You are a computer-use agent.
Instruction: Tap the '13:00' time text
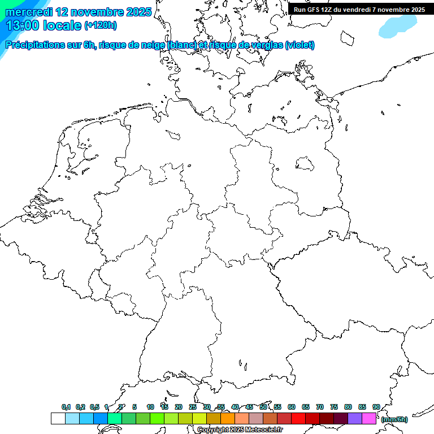tap(22, 25)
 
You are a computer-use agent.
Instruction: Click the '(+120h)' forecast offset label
tap(101, 25)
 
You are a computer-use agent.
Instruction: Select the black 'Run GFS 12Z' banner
tap(359, 9)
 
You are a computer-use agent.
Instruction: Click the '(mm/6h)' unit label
tap(394, 419)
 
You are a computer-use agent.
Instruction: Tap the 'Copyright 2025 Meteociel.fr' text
tap(240, 430)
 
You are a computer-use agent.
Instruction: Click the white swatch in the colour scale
tap(58, 418)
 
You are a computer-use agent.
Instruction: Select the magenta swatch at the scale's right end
tap(369, 418)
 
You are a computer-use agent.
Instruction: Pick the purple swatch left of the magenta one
tap(355, 418)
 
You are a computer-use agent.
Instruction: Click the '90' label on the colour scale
tap(376, 407)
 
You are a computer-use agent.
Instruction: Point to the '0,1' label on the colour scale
tap(66, 407)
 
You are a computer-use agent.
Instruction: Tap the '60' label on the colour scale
tap(292, 407)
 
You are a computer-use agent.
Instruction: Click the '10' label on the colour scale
tap(150, 407)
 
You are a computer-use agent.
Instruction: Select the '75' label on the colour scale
tap(334, 407)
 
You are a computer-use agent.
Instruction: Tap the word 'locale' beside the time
tap(62, 25)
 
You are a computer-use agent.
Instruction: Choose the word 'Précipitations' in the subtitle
tap(34, 45)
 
